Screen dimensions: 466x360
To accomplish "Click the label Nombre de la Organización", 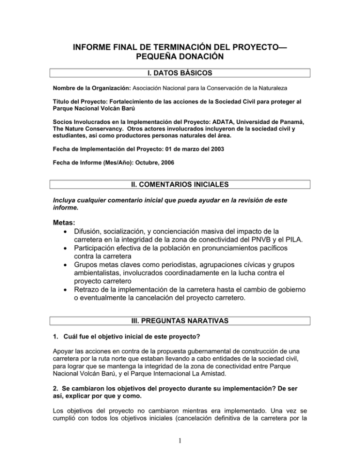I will [92, 88].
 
